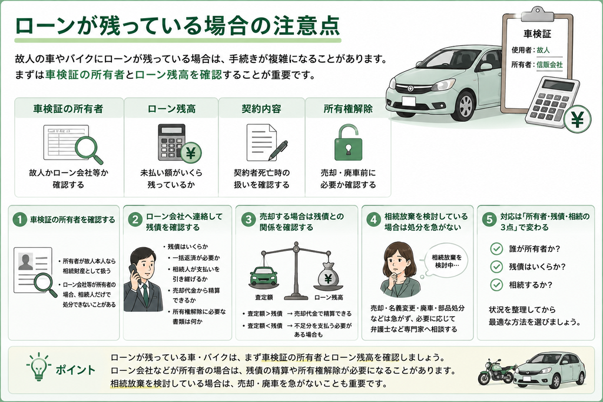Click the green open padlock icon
(348, 142)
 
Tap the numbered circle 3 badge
(249, 220)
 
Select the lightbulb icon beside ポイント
(38, 367)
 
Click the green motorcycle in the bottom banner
(496, 371)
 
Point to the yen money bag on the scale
(327, 277)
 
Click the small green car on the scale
(264, 275)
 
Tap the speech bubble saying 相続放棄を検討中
(446, 261)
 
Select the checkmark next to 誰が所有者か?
(496, 248)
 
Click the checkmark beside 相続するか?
(496, 285)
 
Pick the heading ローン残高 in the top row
(171, 109)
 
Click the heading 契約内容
(261, 109)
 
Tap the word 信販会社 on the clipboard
(549, 65)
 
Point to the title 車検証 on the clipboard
(537, 34)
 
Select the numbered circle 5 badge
(489, 220)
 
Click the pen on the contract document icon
(278, 150)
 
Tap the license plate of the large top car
(409, 101)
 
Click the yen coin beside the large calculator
(577, 119)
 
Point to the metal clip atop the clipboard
(537, 14)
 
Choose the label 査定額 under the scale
(264, 297)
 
